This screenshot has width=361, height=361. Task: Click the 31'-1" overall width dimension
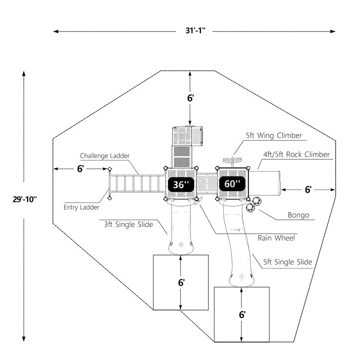(194, 32)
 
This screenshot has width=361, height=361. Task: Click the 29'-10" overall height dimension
(24, 199)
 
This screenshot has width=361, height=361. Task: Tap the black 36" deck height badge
(181, 184)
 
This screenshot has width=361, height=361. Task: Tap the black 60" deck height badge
(232, 184)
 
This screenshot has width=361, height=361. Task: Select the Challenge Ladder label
(105, 156)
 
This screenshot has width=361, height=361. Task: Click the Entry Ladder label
(82, 208)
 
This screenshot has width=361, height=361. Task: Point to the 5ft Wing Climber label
(274, 135)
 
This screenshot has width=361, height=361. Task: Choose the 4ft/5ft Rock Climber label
(296, 154)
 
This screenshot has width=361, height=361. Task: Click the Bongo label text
(299, 215)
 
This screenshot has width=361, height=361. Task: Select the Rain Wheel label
(276, 237)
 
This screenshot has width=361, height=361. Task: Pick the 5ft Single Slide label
(288, 262)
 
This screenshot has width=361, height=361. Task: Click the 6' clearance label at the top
(190, 98)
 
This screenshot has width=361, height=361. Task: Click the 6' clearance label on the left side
(80, 168)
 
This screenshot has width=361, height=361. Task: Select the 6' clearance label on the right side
(308, 190)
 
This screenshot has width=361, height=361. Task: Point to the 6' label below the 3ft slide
(181, 283)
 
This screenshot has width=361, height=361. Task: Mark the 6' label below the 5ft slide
(242, 315)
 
